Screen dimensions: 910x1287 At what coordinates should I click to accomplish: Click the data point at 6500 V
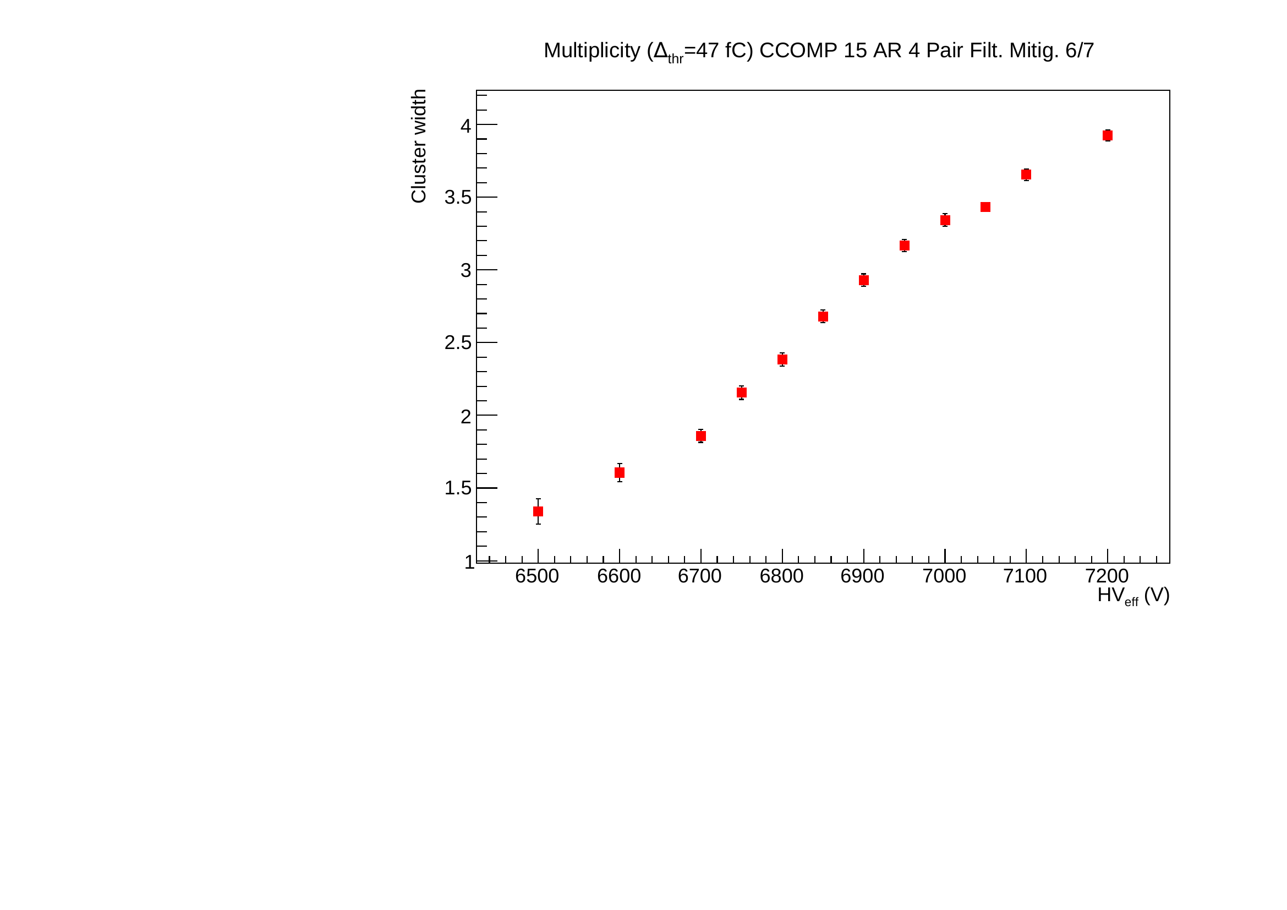[538, 511]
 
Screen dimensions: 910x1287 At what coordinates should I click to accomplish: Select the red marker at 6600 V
[620, 473]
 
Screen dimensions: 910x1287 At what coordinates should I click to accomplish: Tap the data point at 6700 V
[700, 436]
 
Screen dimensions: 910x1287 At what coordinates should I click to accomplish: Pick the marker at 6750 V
[742, 393]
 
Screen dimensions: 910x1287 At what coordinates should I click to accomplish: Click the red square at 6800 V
[782, 359]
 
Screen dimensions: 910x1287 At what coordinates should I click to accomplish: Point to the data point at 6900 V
[864, 280]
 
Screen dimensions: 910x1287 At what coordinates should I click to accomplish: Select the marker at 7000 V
[945, 220]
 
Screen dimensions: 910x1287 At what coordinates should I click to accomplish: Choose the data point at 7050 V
[985, 208]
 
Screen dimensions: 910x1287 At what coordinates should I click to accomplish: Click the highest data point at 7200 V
[1108, 135]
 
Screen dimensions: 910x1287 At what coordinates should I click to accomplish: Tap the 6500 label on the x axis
[537, 576]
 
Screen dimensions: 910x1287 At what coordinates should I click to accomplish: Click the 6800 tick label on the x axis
[781, 576]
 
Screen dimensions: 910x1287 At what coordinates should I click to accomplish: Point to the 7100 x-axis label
[1025, 576]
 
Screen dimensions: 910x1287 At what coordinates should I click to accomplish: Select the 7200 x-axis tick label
[1107, 576]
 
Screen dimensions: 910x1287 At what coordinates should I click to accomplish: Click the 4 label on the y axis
[466, 126]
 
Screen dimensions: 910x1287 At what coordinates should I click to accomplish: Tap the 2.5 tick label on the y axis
[458, 343]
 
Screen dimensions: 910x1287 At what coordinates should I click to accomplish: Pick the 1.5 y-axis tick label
[458, 488]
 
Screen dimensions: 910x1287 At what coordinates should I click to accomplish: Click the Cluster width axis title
[419, 146]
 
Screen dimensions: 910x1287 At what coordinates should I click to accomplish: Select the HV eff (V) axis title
[1133, 596]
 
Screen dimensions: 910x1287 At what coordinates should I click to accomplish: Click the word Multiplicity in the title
[592, 51]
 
